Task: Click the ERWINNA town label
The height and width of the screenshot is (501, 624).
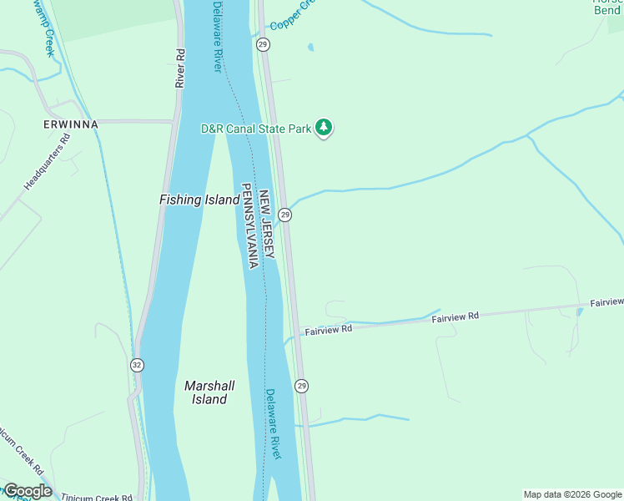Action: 71,124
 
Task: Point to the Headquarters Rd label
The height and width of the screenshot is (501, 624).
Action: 48,160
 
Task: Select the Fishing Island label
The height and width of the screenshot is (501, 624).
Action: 199,200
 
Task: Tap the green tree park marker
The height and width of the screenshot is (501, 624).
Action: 324,129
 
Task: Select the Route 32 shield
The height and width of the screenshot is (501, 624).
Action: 137,365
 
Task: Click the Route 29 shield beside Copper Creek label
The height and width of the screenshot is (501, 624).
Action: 263,43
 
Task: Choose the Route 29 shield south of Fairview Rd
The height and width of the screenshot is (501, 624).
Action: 301,386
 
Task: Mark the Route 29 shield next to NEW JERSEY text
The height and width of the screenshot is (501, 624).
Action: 285,215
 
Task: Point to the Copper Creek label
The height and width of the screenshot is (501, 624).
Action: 294,15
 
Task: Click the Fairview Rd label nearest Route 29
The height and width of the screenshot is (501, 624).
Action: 329,330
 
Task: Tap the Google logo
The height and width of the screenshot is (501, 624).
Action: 28,491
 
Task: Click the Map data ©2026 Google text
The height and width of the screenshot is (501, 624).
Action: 572,494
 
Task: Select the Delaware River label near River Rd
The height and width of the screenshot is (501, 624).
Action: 218,36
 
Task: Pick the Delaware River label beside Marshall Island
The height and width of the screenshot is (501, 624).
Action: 274,423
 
